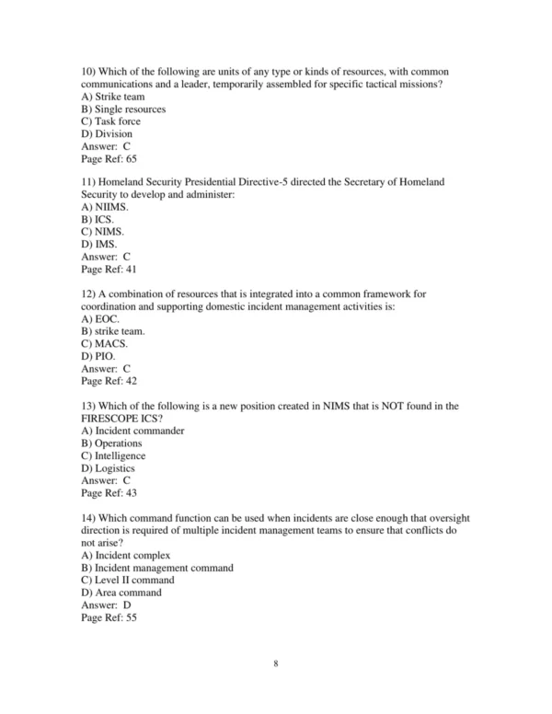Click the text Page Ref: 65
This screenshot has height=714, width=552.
click(109, 159)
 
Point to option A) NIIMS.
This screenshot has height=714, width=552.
click(103, 208)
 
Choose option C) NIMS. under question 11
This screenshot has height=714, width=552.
click(101, 233)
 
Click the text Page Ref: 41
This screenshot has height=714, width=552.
click(109, 271)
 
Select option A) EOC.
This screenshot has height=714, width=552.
click(100, 319)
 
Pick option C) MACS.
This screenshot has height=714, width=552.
click(104, 344)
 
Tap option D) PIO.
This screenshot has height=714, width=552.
click(99, 356)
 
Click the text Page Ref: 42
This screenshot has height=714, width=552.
click(109, 381)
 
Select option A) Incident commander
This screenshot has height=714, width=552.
click(132, 431)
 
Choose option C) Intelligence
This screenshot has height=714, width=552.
click(113, 455)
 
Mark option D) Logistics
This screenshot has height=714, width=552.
click(108, 467)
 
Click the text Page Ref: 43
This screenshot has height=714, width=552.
click(109, 492)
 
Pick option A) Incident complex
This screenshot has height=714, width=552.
click(126, 555)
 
